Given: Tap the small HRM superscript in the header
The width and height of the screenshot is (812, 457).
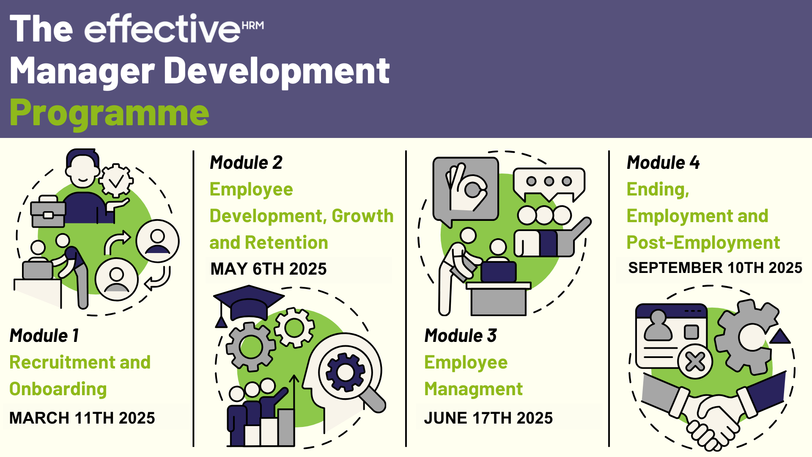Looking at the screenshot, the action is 253,25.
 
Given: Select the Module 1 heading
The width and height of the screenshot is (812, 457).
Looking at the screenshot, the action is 44,336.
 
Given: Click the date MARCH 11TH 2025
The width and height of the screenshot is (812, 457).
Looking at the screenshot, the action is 82,418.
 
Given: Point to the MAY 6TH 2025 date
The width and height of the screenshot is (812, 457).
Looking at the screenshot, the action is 269,269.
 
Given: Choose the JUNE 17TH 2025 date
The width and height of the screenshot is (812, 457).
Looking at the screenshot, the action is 488,418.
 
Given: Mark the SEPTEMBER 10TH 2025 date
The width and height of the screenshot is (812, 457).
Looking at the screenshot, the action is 715,268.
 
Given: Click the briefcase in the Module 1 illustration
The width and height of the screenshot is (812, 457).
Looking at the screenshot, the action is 48,211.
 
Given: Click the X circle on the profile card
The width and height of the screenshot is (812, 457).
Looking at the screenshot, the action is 695,362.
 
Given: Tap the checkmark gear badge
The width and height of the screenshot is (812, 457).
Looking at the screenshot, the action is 116,181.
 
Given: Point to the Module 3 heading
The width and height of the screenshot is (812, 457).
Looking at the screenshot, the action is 461,336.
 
